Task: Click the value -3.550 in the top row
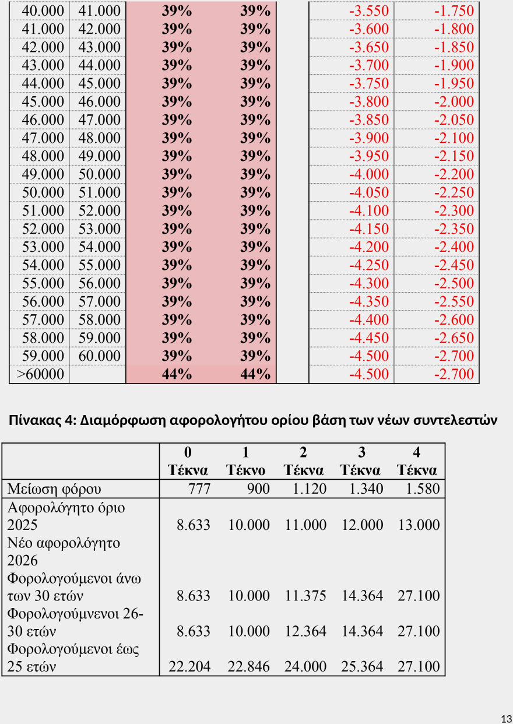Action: (368, 11)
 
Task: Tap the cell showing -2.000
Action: (454, 101)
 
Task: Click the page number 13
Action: (506, 718)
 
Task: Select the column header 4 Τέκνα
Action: (416, 461)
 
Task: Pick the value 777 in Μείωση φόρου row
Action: (199, 488)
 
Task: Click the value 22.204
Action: (189, 666)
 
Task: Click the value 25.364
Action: (362, 666)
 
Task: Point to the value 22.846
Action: (248, 666)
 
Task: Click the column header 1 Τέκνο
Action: (245, 461)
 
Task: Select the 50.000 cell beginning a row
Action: (42, 192)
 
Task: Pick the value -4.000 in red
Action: (368, 174)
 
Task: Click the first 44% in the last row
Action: (177, 374)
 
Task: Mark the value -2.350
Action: (454, 229)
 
